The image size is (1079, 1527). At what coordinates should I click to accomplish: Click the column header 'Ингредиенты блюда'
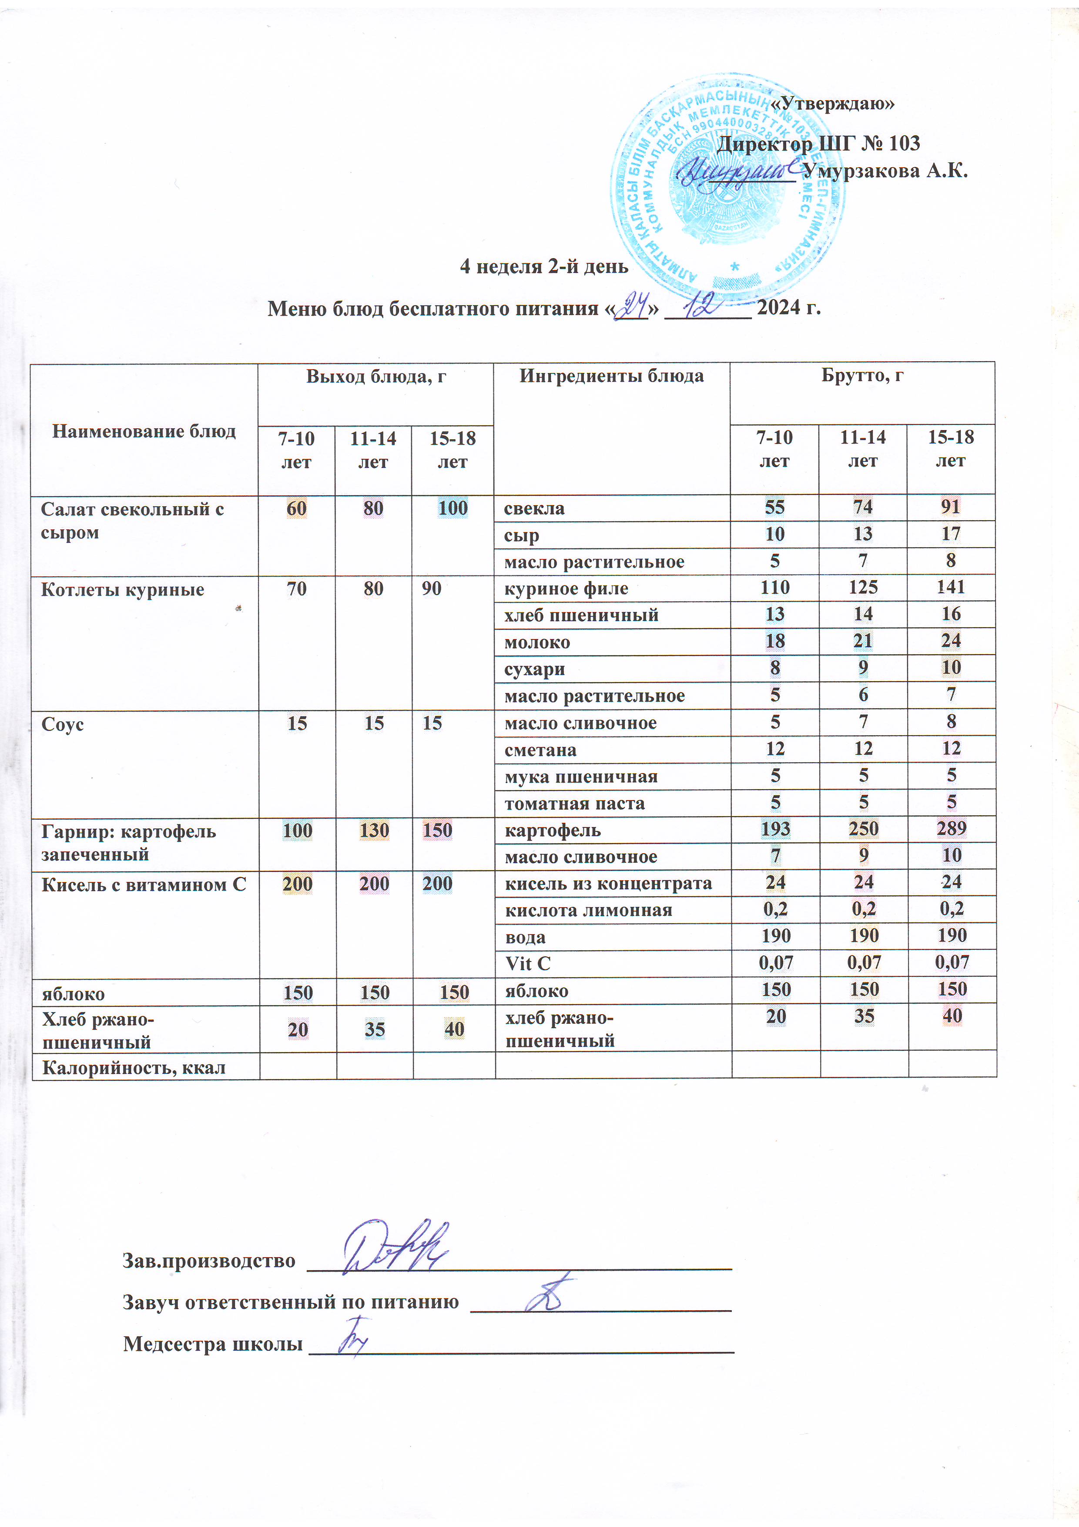tap(611, 377)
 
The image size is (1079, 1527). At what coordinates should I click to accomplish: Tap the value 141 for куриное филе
tap(951, 587)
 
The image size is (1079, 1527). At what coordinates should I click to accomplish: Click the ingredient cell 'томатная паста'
tap(574, 804)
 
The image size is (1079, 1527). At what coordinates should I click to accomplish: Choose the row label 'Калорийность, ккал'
tap(134, 1067)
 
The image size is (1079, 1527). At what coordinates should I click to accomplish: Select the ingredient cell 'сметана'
tap(540, 750)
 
